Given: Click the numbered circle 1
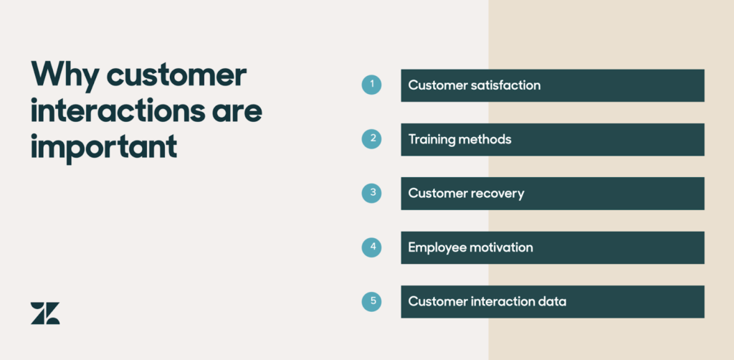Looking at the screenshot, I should click(371, 85).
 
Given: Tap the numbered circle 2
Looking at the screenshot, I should click(371, 139).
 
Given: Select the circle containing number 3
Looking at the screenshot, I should click(371, 193).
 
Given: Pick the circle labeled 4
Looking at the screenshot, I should click(371, 247).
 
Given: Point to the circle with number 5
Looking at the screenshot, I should click(371, 301).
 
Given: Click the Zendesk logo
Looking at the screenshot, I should click(45, 313).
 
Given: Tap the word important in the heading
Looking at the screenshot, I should click(103, 147).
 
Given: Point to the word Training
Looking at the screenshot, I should click(432, 139).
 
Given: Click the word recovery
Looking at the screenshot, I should click(497, 193).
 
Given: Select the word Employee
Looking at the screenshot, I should click(437, 247).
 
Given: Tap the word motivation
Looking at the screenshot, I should click(501, 247).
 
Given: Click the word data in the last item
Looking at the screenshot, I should click(551, 301).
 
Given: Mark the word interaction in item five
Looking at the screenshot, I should click(501, 301).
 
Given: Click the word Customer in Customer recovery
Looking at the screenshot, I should click(437, 193).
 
